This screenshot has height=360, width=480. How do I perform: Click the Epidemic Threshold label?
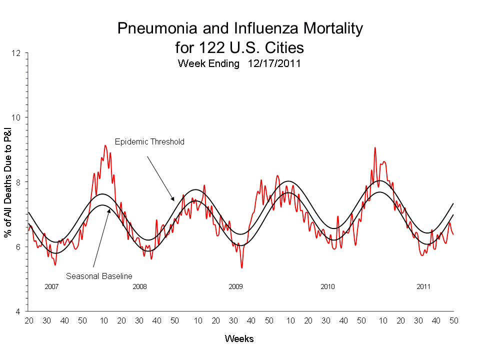pos(149,142)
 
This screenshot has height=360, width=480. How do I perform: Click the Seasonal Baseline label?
pos(99,275)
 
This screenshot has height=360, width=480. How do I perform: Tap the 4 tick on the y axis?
pos(19,311)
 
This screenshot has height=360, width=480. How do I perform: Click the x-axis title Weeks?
pos(239,339)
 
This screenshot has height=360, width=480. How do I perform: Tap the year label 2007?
pos(52,287)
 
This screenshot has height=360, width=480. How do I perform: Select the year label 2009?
pos(235,287)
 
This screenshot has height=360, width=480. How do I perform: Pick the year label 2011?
pos(423,287)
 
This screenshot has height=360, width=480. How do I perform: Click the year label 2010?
pos(327,287)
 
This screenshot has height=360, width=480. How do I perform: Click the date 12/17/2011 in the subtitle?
pos(273,64)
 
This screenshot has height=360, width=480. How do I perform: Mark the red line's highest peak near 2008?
pos(105,145)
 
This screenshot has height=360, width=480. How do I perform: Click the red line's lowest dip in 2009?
pos(242,268)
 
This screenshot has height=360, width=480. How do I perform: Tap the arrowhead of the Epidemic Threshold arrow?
pos(173,200)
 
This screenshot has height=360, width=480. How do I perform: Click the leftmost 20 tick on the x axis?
pos(28,320)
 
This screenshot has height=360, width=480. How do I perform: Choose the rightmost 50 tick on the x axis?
pos(453,320)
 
